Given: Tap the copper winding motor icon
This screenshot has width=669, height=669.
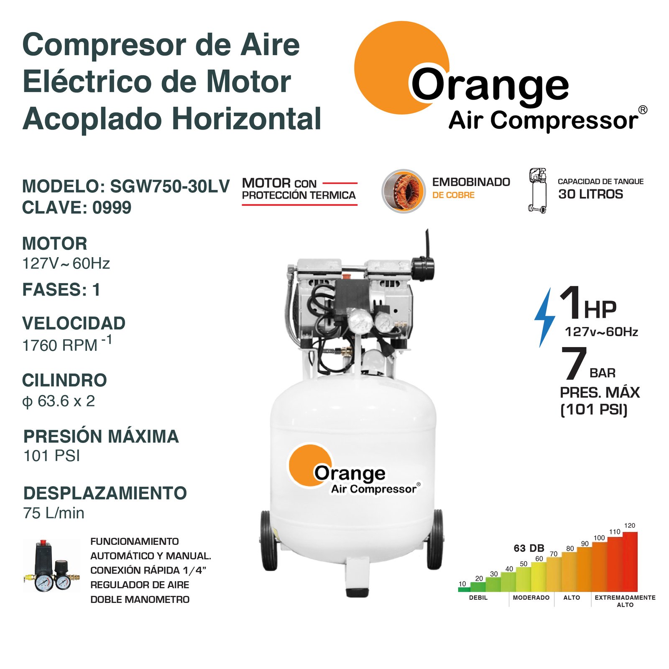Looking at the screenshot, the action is (403, 191).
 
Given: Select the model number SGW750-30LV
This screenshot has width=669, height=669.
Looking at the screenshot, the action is (170, 186).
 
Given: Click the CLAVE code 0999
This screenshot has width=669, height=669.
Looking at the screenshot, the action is (112, 208).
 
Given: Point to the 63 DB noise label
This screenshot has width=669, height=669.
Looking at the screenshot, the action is (529, 548).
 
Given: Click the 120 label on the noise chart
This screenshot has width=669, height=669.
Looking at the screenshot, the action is (629, 526).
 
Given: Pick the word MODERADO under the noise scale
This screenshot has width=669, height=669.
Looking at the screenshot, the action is (531, 598).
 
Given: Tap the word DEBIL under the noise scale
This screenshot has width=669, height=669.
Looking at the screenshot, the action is (478, 598).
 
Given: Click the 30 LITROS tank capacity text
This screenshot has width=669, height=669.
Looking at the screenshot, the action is (590, 194).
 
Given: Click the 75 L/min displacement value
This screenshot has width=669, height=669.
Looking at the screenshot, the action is (54, 513).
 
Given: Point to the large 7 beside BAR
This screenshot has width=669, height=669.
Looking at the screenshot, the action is (574, 363).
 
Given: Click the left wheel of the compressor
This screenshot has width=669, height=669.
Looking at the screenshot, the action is (268, 540).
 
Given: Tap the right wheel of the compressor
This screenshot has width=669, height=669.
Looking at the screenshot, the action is (435, 539).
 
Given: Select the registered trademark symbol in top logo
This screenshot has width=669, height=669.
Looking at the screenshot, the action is (643, 110).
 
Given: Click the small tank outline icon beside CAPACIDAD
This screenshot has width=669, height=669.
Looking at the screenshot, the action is (538, 191).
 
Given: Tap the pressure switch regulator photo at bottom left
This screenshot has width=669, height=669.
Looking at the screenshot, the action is (51, 566).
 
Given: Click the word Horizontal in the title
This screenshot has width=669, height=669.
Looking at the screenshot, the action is (247, 119).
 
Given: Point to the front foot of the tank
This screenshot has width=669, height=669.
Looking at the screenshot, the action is (357, 577).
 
